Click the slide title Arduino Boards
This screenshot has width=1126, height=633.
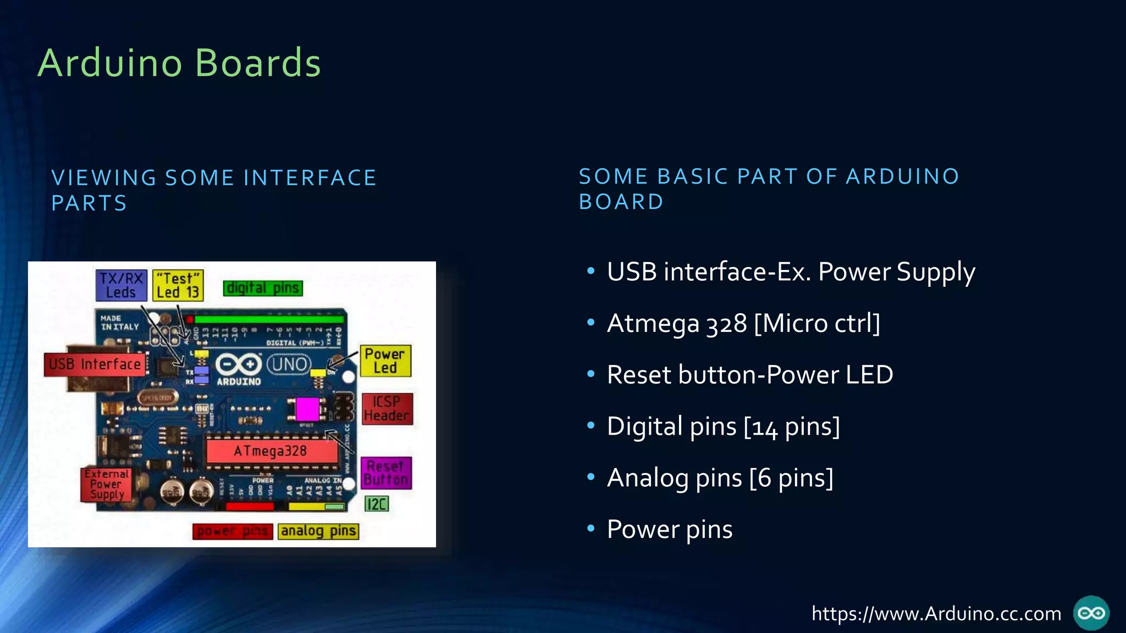(x=179, y=63)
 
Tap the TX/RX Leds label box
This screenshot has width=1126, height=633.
(x=121, y=285)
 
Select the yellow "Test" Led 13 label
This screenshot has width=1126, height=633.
(x=178, y=285)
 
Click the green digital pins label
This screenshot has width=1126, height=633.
(x=263, y=288)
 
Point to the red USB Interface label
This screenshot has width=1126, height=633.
(x=95, y=364)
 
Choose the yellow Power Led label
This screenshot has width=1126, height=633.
(x=385, y=361)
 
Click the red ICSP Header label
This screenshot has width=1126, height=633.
(x=387, y=409)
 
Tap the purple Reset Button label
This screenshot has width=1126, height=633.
(x=386, y=473)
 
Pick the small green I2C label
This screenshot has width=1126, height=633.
(x=377, y=504)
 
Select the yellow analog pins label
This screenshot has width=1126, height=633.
(x=318, y=531)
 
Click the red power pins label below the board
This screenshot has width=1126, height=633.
(x=233, y=531)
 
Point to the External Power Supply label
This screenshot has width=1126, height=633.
(x=106, y=484)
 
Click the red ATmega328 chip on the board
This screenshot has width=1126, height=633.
(x=272, y=451)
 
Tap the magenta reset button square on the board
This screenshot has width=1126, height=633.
(x=307, y=409)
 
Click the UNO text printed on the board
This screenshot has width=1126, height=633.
(x=289, y=364)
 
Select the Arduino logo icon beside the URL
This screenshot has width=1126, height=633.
(x=1091, y=613)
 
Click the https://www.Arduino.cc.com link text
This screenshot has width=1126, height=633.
(x=936, y=613)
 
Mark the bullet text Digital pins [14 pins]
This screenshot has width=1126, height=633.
(x=723, y=426)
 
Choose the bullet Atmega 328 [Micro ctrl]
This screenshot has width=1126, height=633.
(x=743, y=323)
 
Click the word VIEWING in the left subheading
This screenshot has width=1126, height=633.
(x=104, y=178)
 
